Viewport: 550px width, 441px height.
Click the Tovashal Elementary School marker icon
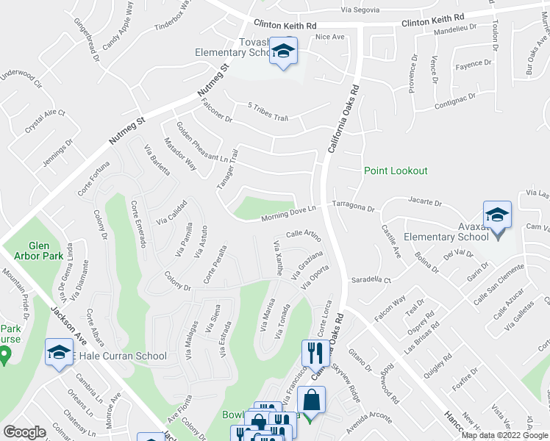click(x=282, y=52)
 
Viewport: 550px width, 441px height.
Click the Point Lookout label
click(x=396, y=171)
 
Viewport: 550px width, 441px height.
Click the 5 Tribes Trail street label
click(x=268, y=111)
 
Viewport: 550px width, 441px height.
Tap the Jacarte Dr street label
click(x=425, y=201)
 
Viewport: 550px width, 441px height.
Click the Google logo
click(x=24, y=432)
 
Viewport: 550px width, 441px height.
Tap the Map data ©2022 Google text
click(x=504, y=435)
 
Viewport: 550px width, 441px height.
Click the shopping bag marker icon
click(x=312, y=401)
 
